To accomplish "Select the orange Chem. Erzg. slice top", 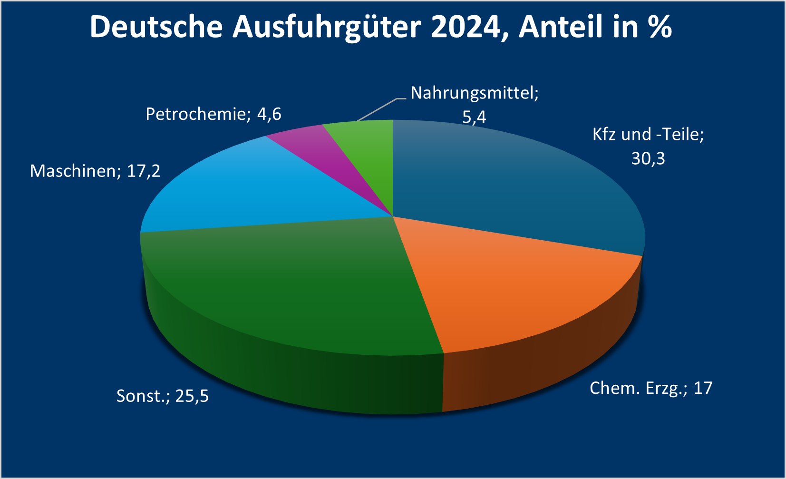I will (514, 290).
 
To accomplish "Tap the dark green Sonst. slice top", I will (295, 285).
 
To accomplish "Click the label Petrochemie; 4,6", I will (213, 114).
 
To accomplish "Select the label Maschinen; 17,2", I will (95, 171).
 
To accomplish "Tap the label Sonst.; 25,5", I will (163, 396).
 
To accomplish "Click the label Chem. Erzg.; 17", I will (651, 388).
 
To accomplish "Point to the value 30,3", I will (648, 158).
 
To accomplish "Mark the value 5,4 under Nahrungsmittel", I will (474, 117).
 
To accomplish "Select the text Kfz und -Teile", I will (648, 135).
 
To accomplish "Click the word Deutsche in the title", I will (156, 27).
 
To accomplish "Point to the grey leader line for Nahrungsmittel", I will (378, 110).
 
